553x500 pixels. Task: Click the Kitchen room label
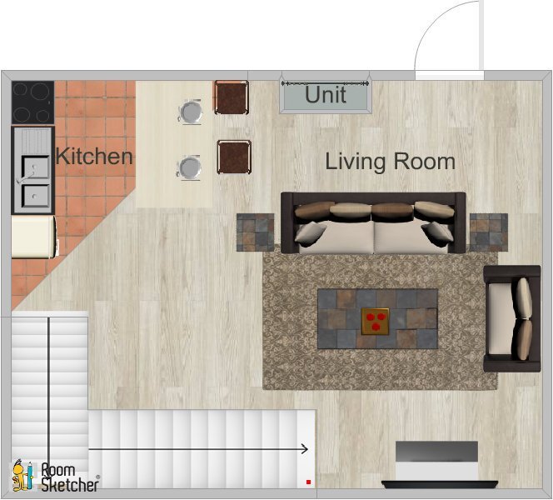93,156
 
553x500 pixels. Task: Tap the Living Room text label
390,161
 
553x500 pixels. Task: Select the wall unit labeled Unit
326,95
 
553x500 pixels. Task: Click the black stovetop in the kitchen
33,102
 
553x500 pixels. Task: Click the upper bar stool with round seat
191,111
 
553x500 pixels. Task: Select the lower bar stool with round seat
191,167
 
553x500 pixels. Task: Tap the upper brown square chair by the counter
231,97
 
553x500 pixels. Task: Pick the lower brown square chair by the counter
234,157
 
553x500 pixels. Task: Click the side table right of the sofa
488,232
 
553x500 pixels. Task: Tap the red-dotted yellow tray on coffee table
375,321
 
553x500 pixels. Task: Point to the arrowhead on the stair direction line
305,449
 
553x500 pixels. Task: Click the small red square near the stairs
308,482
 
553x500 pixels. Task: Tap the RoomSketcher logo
56,476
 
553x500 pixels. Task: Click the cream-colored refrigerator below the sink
33,236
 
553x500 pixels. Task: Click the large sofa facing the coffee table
372,223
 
